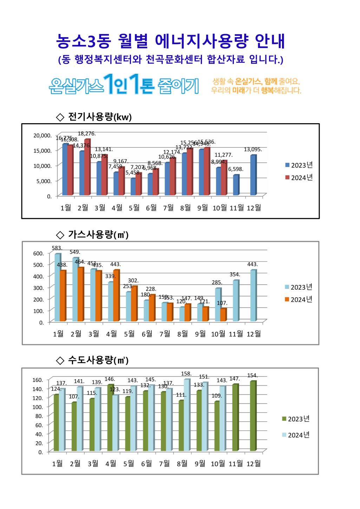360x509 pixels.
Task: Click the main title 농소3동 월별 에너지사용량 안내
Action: [171, 42]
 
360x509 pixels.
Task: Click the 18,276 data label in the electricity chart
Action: [86, 134]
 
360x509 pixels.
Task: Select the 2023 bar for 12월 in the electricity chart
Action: [253, 175]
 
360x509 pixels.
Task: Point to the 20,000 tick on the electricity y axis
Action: [42, 135]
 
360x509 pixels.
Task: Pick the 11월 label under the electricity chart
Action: [237, 208]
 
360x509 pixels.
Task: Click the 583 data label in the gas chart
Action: [57, 248]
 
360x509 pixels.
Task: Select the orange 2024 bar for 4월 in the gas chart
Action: [116, 295]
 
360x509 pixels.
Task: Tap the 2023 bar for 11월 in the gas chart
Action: [236, 300]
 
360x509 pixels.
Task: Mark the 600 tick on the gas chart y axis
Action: [39, 253]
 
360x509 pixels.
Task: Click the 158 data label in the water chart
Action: [186, 374]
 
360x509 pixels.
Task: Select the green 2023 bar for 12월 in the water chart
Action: [253, 416]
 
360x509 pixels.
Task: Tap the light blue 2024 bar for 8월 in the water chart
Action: [186, 415]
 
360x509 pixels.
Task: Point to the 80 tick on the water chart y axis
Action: [39, 416]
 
